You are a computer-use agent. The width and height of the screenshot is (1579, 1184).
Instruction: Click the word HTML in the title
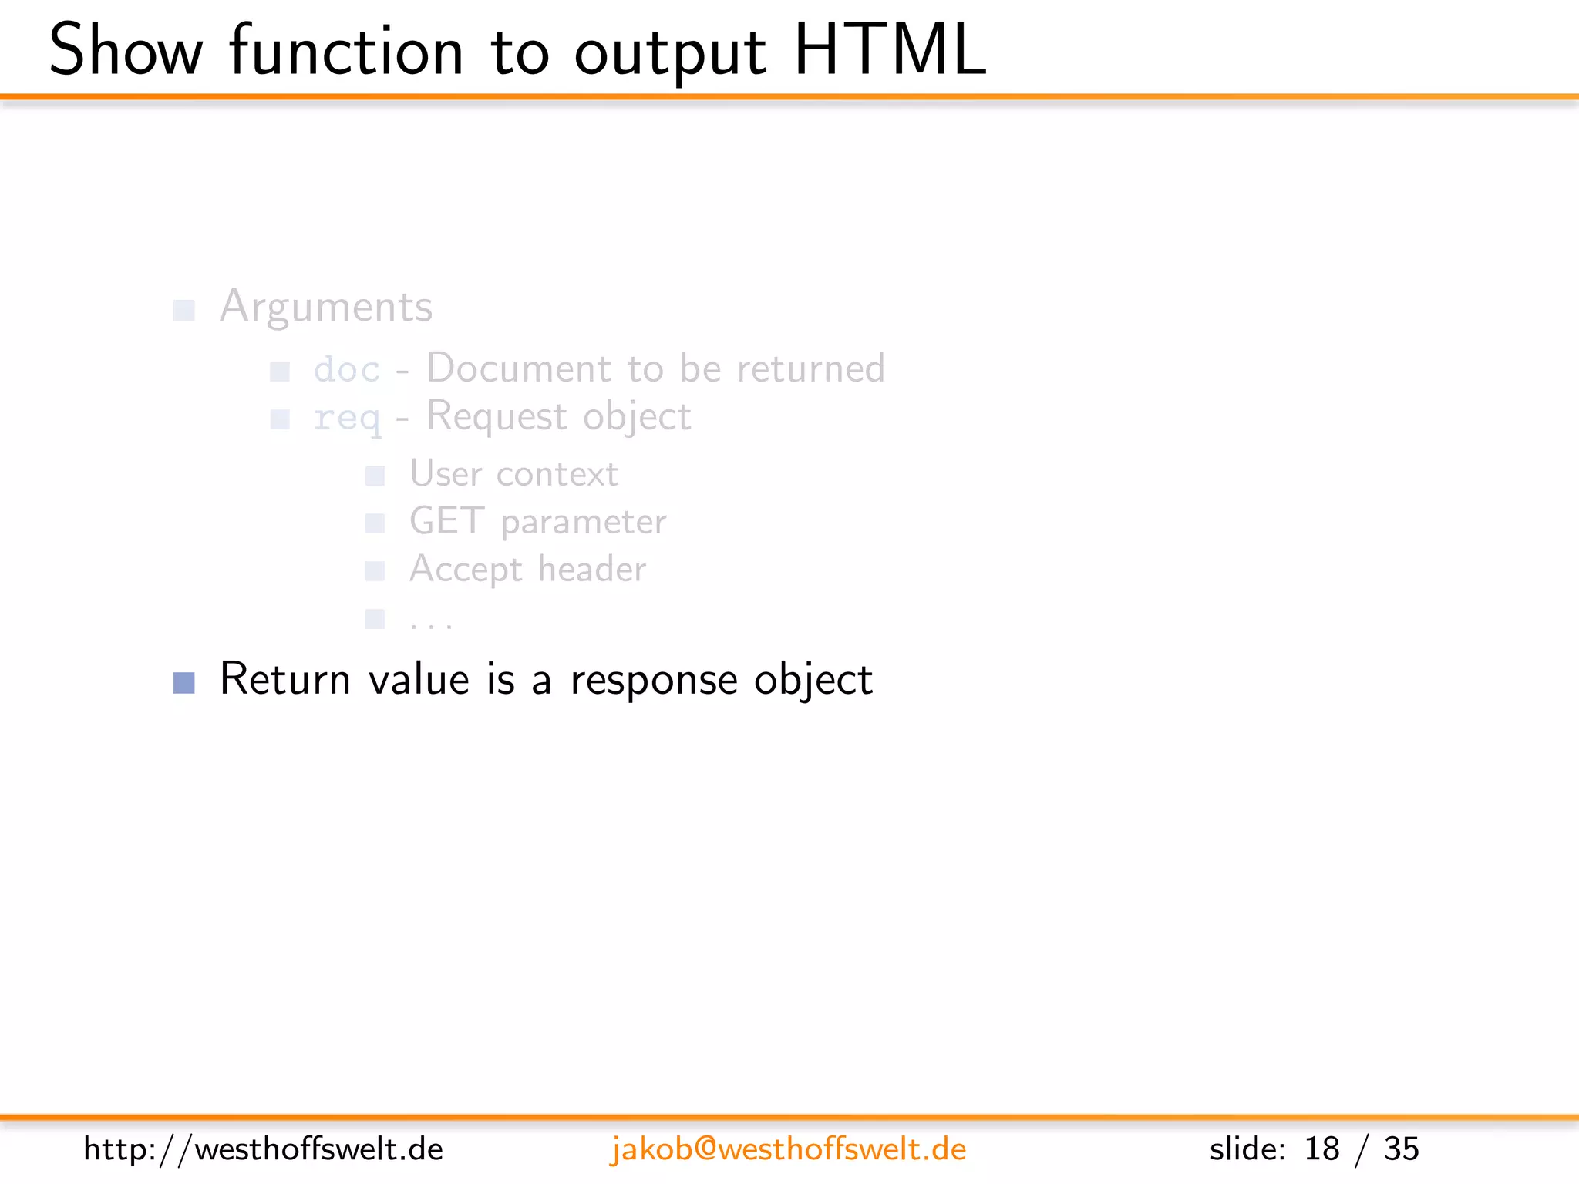pos(890,51)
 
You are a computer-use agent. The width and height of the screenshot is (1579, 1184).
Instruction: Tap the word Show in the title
pos(126,51)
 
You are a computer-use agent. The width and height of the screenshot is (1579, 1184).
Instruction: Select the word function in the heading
pos(346,51)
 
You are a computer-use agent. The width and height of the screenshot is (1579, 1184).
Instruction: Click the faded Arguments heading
pos(326,307)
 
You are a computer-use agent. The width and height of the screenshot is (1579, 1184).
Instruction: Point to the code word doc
pos(347,370)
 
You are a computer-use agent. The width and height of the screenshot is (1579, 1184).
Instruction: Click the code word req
pos(347,419)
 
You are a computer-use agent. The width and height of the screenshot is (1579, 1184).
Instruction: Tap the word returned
pos(810,368)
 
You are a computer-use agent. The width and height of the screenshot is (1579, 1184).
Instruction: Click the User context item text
pos(513,473)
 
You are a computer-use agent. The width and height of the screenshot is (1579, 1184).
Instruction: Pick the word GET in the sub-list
pos(447,521)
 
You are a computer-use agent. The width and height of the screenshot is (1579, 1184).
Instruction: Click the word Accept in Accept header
pos(466,570)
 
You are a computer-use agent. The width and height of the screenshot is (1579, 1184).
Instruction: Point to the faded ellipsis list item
pos(431,620)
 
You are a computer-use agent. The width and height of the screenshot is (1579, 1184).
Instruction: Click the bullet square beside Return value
pos(184,682)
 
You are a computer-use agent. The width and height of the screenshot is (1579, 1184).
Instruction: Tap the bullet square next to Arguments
pos(184,310)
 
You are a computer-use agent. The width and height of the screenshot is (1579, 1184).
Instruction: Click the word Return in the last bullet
pos(285,679)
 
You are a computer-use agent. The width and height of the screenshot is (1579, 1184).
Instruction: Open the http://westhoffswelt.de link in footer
pos(263,1149)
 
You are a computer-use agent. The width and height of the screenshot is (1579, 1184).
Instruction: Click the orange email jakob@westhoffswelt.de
pos(788,1149)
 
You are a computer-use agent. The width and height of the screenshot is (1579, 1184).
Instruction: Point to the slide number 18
pos(1321,1149)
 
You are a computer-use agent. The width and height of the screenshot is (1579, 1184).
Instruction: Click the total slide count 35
pos(1401,1149)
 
